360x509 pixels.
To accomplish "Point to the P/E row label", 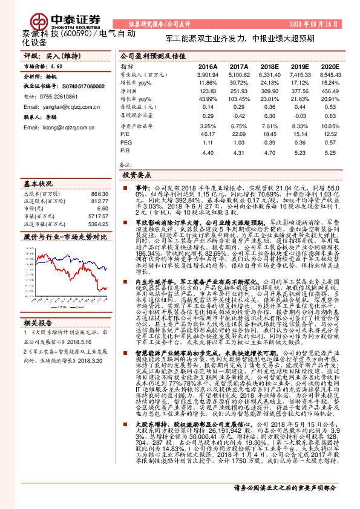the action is pos(125,134).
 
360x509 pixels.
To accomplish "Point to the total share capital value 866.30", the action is pos(100,193).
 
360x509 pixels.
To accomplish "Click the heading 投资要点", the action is pos(136,173).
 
